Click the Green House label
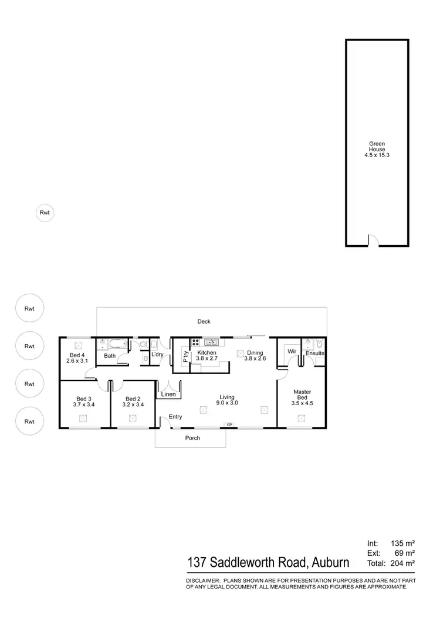377,149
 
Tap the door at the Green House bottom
371,240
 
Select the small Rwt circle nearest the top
44,213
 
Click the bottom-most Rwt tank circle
30,421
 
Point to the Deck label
204,321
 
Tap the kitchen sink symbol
211,342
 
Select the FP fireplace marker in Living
229,424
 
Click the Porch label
192,438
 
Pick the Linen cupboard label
169,394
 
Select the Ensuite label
315,354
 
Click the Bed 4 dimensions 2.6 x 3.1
77,361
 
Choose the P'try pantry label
184,356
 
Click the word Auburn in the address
329,562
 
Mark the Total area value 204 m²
404,563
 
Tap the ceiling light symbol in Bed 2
133,418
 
